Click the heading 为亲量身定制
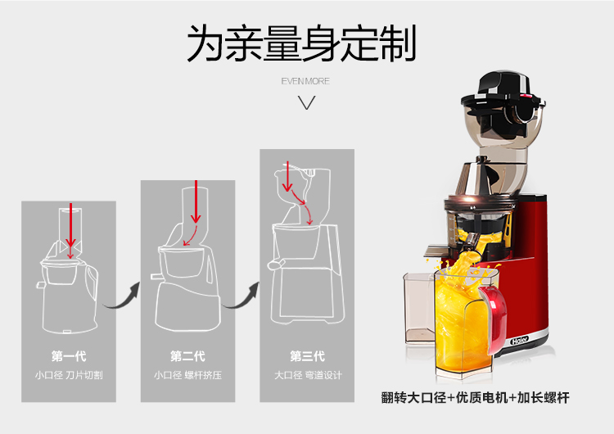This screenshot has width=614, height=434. coord(301,43)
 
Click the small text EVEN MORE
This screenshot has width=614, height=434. coord(305,81)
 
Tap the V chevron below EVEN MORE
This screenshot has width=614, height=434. coord(307,103)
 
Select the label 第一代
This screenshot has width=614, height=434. coord(69,356)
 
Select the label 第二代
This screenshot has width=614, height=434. coord(187,356)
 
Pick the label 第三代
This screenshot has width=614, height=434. coord(307,356)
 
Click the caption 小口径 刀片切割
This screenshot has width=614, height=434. coord(69,375)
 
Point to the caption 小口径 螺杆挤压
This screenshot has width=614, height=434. coord(187,375)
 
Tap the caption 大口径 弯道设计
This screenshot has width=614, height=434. coord(308,375)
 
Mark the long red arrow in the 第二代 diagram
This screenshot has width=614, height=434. coord(196,201)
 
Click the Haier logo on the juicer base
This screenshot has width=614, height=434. coord(520,341)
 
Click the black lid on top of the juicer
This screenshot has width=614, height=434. coord(503,90)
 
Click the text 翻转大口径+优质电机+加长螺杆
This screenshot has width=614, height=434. coord(476,398)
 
